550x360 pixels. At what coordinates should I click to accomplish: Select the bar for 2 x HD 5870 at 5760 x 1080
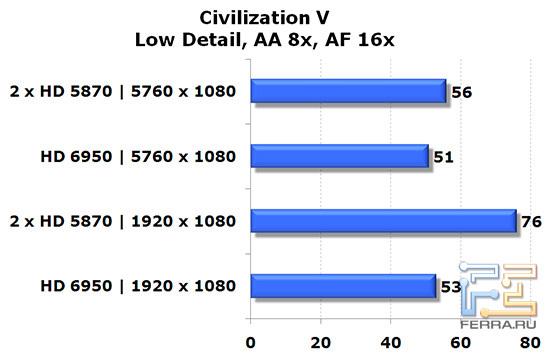click(348, 92)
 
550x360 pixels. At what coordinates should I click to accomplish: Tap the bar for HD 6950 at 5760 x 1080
click(339, 156)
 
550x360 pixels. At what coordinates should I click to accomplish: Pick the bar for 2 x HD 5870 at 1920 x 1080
click(383, 221)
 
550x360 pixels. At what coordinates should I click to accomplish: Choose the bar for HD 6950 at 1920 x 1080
click(343, 286)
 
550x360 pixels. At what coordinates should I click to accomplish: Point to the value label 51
click(444, 159)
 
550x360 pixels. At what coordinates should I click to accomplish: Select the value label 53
click(451, 289)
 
